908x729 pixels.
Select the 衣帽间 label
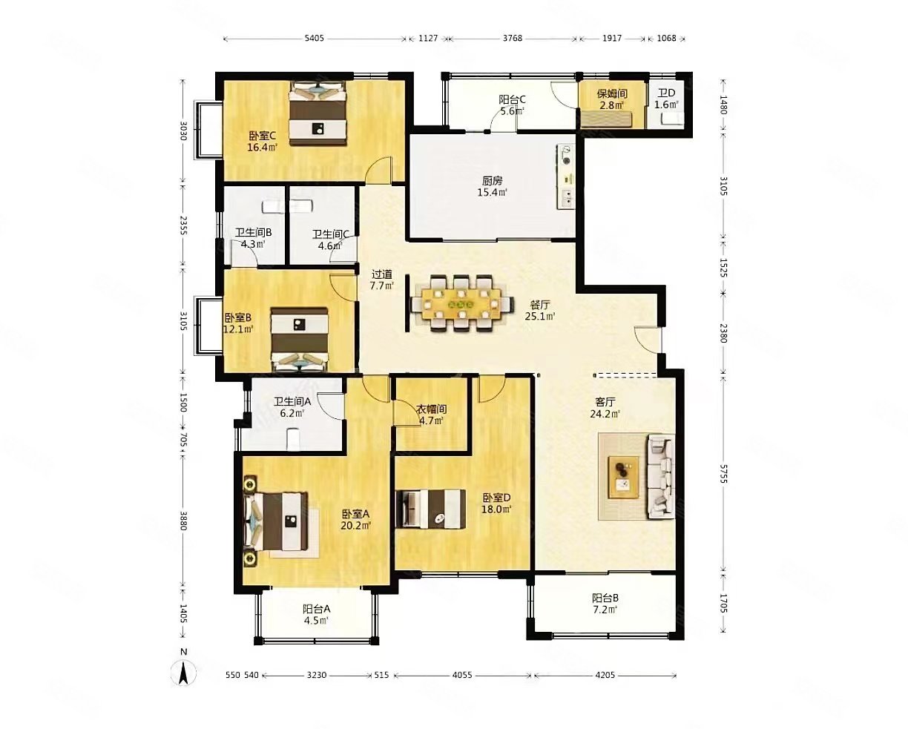click(430, 409)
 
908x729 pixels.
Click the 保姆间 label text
click(612, 93)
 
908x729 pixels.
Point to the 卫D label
click(666, 93)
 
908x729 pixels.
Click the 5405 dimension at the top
click(315, 39)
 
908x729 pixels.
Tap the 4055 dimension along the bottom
click(462, 676)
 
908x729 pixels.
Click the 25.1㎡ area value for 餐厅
click(540, 316)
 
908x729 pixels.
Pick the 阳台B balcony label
click(605, 598)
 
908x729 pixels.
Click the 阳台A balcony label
click(316, 609)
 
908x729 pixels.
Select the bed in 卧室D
click(431, 509)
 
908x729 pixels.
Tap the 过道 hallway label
click(381, 274)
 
